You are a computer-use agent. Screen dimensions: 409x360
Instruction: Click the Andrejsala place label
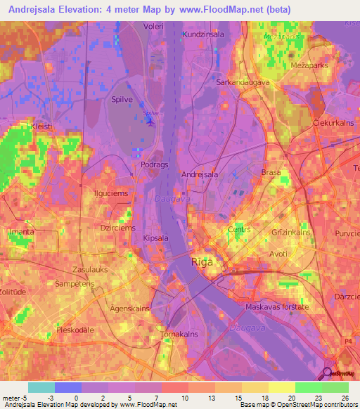click(200, 174)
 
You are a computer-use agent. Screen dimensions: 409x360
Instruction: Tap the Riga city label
click(203, 262)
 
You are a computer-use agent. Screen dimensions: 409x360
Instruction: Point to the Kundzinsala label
click(202, 34)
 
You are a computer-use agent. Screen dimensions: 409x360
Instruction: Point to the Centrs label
click(240, 230)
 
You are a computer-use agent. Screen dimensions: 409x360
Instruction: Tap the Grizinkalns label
click(292, 231)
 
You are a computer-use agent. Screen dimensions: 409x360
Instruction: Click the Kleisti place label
click(41, 126)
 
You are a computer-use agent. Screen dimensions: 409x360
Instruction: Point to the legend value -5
click(15, 398)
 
